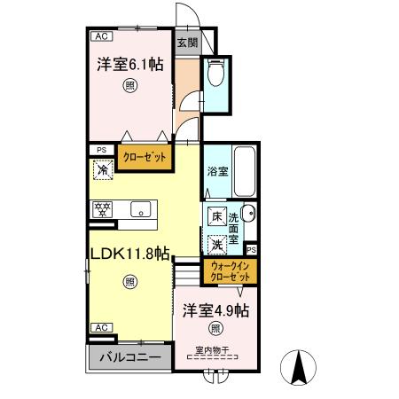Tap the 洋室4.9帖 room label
tap(215, 311)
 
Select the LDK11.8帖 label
tap(129, 253)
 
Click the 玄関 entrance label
tap(186, 43)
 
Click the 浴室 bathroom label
tap(218, 170)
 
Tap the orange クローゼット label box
tap(145, 156)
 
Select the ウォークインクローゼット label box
tap(229, 271)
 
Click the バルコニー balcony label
tap(129, 358)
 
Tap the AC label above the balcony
tap(101, 328)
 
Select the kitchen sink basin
tap(139, 210)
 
